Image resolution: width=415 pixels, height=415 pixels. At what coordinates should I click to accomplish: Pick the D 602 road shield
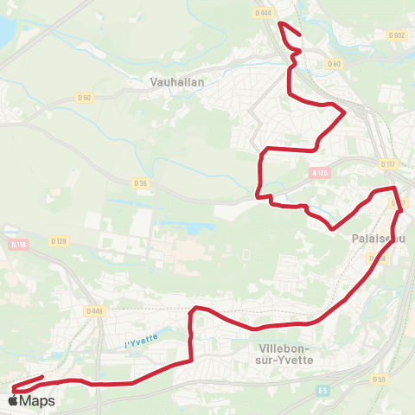coord(397,35)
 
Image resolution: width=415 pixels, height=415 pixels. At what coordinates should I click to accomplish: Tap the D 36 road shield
coord(141,182)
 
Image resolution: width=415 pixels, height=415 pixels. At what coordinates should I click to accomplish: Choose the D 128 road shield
coord(59,241)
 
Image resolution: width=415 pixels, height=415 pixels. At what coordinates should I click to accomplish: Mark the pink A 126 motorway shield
coord(319,172)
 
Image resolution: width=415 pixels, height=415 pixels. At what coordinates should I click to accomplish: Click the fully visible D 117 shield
coord(386,163)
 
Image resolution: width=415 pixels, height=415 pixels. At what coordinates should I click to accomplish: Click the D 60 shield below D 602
coord(334,64)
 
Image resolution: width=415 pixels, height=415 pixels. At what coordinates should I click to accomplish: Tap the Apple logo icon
coord(13,400)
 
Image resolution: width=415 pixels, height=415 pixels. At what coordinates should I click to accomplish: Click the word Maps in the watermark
coord(37,401)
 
